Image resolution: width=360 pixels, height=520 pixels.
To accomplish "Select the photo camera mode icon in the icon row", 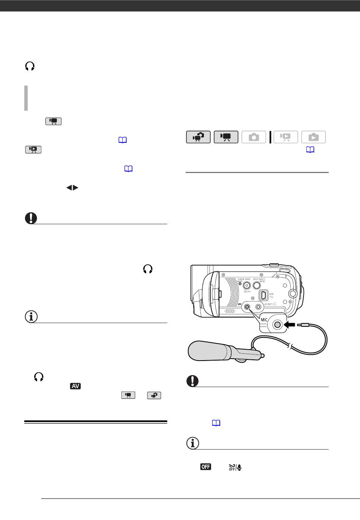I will pos(254,137).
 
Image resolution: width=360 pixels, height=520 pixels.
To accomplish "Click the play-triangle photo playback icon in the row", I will pos(313,137).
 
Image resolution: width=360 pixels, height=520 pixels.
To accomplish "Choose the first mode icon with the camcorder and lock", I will pos(198,137).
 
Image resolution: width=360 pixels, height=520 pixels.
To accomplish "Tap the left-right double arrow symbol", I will pos(72,187).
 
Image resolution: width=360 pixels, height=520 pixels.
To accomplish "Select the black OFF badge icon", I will pos(205,467).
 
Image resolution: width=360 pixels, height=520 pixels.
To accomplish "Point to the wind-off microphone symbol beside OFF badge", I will pos(235,467).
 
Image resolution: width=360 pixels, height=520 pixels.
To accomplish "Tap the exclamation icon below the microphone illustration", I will pos(192,381).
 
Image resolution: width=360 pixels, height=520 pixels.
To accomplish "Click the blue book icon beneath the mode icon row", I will pos(310,150).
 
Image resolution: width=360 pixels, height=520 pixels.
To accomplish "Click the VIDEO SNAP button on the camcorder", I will pos(247,286).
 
